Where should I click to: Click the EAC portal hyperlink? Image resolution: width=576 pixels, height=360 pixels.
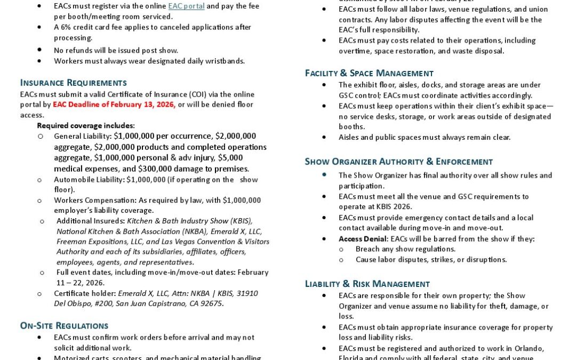[186, 6]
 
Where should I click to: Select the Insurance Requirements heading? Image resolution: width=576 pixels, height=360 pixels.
[74, 83]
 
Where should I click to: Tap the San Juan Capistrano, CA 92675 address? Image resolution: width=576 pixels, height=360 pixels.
[170, 304]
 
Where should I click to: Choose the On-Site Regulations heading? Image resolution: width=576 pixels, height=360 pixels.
[64, 326]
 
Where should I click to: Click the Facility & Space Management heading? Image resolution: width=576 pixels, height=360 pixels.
[369, 73]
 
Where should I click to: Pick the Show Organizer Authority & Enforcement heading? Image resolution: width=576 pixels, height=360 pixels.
[398, 162]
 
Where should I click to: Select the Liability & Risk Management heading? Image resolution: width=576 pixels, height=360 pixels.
[367, 284]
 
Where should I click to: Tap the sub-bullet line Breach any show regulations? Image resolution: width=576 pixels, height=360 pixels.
[405, 249]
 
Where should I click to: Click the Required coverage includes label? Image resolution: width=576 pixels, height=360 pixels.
[86, 126]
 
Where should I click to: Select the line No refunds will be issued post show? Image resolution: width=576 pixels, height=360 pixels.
[116, 50]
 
